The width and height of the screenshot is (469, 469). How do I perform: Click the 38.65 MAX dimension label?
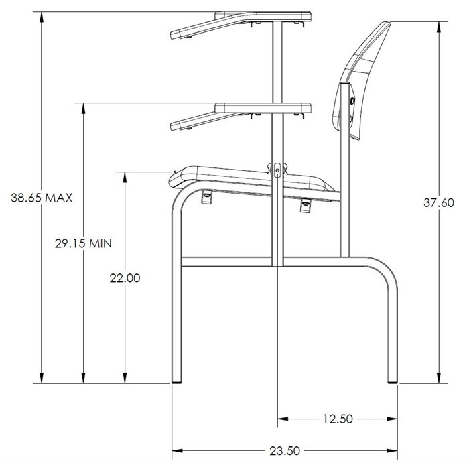(42, 198)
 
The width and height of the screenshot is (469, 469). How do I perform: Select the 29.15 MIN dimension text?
(83, 243)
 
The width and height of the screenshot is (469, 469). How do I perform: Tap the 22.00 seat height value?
(125, 278)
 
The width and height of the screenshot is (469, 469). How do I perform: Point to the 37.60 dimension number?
(439, 203)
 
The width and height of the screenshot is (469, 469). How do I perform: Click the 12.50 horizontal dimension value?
(338, 419)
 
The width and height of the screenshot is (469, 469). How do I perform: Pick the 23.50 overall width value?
(285, 450)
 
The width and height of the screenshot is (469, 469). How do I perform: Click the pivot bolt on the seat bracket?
(277, 170)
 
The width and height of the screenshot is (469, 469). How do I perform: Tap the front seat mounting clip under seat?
(206, 196)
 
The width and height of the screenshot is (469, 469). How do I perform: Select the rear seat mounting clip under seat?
(306, 205)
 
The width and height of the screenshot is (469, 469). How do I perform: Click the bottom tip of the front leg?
(176, 383)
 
